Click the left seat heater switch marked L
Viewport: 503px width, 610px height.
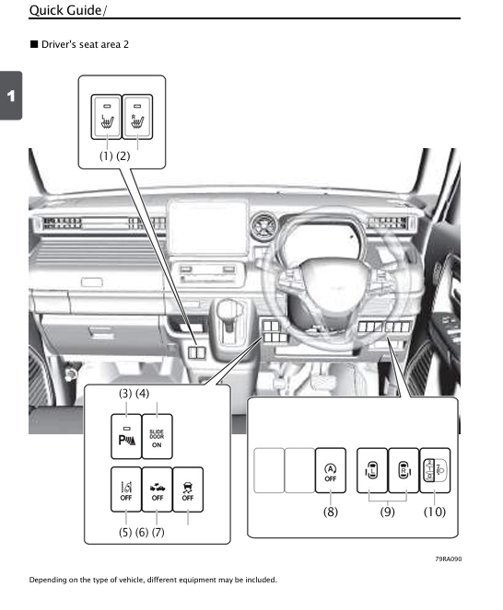(106, 117)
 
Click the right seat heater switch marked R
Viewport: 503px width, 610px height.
(137, 117)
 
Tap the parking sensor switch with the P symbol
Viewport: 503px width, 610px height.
(126, 436)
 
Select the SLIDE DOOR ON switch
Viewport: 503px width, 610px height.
(157, 436)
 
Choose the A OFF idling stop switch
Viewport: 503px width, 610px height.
(331, 470)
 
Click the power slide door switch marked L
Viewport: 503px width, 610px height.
(372, 470)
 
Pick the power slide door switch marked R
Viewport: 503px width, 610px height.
(404, 470)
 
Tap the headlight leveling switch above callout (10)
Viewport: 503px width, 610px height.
(435, 470)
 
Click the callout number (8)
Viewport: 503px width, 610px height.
(331, 512)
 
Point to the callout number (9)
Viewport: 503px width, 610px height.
(387, 512)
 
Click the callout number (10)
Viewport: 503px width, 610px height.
(435, 512)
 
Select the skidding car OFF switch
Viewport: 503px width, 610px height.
(188, 489)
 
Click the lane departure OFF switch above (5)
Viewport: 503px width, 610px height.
(126, 489)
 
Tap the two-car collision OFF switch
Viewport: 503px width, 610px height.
(157, 489)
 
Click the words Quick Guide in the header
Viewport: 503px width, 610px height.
(65, 10)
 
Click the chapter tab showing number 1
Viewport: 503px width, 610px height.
(11, 96)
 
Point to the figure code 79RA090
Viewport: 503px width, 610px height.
(449, 559)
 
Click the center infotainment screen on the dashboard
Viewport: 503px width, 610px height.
(207, 227)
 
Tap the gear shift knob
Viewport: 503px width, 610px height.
(230, 310)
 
